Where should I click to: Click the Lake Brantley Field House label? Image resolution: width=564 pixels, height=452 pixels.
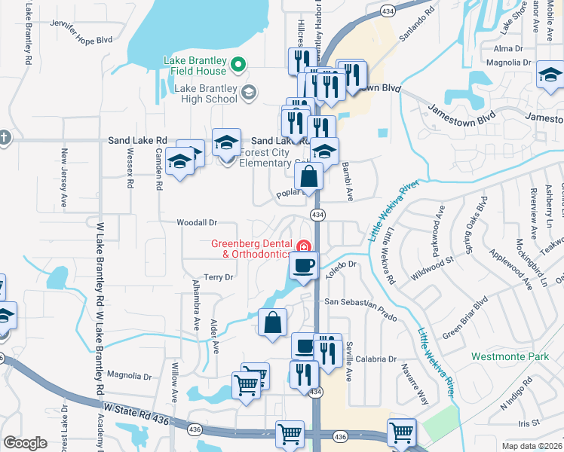tap(195, 66)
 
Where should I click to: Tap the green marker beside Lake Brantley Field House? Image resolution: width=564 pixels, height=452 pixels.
tap(238, 66)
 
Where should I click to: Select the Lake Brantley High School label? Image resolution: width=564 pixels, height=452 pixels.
tap(206, 93)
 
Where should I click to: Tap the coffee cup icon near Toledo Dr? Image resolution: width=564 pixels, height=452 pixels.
tap(304, 266)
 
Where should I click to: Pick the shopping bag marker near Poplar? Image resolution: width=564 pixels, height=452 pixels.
tap(309, 178)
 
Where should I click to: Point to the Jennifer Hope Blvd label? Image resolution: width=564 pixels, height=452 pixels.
tap(81, 39)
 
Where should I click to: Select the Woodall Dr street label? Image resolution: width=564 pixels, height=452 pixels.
tap(197, 223)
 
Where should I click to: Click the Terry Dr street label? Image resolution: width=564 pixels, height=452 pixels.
tap(219, 277)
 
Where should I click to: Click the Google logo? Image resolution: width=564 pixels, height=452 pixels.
tap(26, 443)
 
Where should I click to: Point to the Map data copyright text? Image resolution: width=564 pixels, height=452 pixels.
tap(532, 446)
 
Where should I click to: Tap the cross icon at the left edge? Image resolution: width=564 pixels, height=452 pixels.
tap(5, 139)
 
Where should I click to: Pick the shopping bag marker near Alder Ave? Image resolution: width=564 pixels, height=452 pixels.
tap(272, 322)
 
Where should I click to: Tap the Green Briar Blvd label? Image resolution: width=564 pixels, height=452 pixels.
tap(466, 317)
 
